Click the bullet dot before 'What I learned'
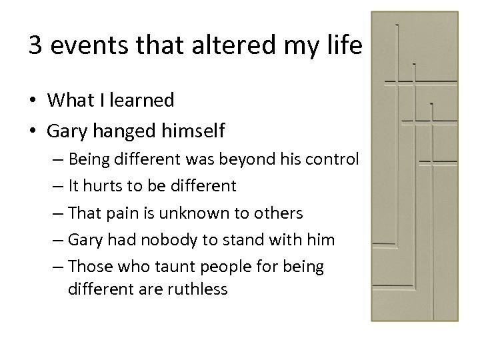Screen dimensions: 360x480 pyautogui.click(x=33, y=101)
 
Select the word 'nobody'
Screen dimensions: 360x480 pyautogui.click(x=165, y=240)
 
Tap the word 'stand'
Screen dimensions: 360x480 pyautogui.click(x=250, y=240)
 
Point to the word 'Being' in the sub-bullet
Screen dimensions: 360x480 pyautogui.click(x=88, y=161)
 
